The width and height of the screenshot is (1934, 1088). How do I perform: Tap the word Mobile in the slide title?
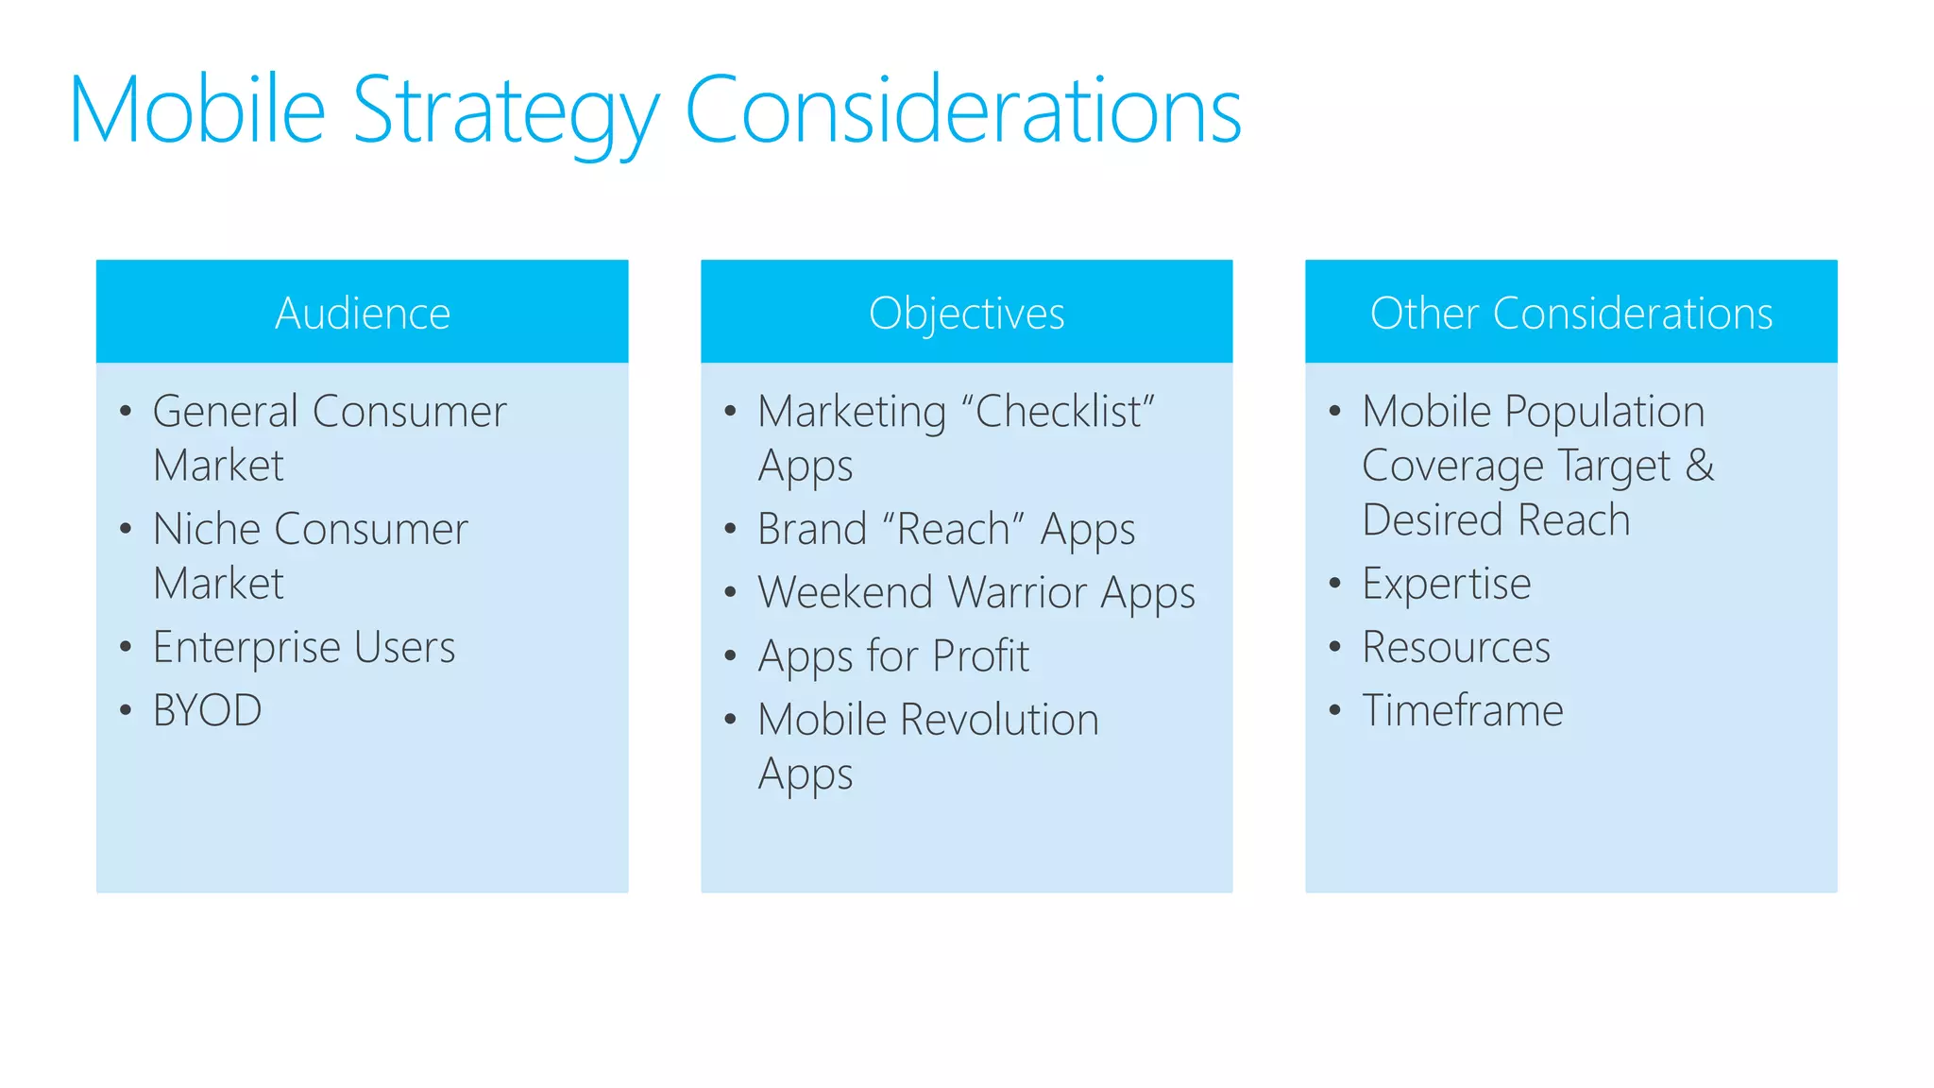[197, 111]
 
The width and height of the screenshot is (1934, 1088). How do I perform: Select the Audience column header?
[362, 314]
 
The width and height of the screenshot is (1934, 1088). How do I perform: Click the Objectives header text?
[966, 314]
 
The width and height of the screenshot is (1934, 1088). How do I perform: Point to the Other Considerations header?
[1570, 314]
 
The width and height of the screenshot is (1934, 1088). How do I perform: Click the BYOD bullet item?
[207, 711]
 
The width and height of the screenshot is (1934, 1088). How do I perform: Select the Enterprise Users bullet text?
[304, 648]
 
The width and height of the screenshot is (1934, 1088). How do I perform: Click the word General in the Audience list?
[226, 412]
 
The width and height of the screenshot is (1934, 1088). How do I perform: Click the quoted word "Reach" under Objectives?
[953, 529]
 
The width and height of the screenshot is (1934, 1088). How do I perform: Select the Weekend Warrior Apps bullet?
[976, 593]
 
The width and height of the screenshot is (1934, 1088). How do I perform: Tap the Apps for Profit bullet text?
[893, 656]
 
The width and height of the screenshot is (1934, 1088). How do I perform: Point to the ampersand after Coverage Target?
[1700, 466]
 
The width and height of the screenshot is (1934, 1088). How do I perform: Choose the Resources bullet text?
[1455, 648]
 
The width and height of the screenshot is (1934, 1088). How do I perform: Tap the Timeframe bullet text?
[1462, 711]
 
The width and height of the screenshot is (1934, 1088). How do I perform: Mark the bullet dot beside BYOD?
[126, 710]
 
